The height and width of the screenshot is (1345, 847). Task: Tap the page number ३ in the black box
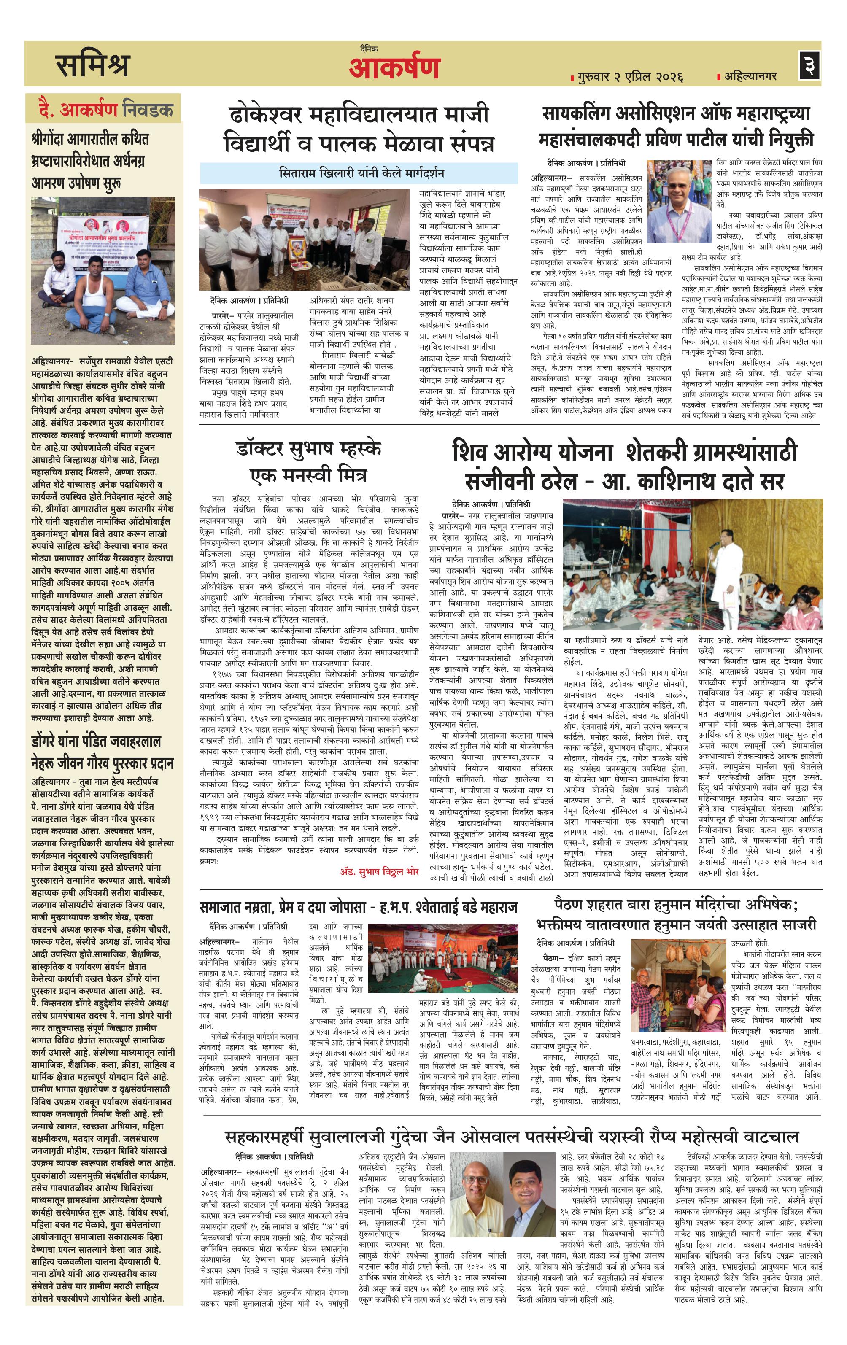(809, 66)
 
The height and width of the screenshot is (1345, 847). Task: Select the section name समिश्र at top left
(92, 65)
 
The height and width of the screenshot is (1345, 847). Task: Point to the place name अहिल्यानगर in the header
(750, 75)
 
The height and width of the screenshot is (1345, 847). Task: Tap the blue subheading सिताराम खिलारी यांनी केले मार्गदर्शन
(361, 173)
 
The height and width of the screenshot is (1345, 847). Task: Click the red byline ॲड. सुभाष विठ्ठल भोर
(379, 871)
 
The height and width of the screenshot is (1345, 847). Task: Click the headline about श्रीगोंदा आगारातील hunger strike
(89, 161)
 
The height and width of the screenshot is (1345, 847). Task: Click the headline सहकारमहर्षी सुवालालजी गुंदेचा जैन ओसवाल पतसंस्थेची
(511, 1121)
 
